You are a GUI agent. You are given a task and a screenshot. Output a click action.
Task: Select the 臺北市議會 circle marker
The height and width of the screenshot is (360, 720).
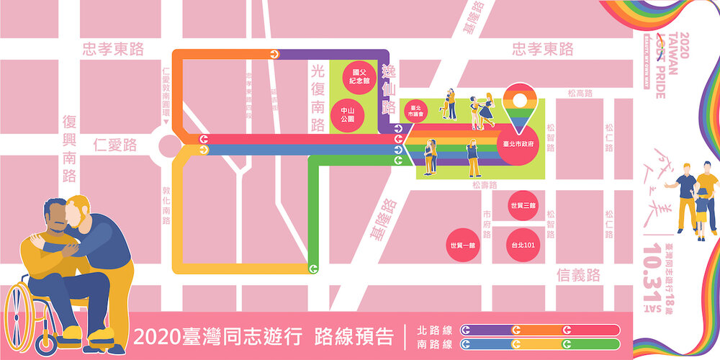(x=415, y=112)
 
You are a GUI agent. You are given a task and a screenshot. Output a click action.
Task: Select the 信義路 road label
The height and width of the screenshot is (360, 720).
(x=579, y=274)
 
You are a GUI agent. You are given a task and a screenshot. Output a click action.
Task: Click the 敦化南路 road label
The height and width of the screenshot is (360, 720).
(x=166, y=205)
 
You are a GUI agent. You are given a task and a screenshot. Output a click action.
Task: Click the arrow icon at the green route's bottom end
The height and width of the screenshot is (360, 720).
(x=313, y=269)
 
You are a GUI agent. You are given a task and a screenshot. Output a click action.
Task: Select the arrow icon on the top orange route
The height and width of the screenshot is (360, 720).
(x=274, y=54)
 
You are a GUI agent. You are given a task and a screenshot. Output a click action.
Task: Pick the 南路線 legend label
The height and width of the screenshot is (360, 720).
(x=433, y=344)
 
